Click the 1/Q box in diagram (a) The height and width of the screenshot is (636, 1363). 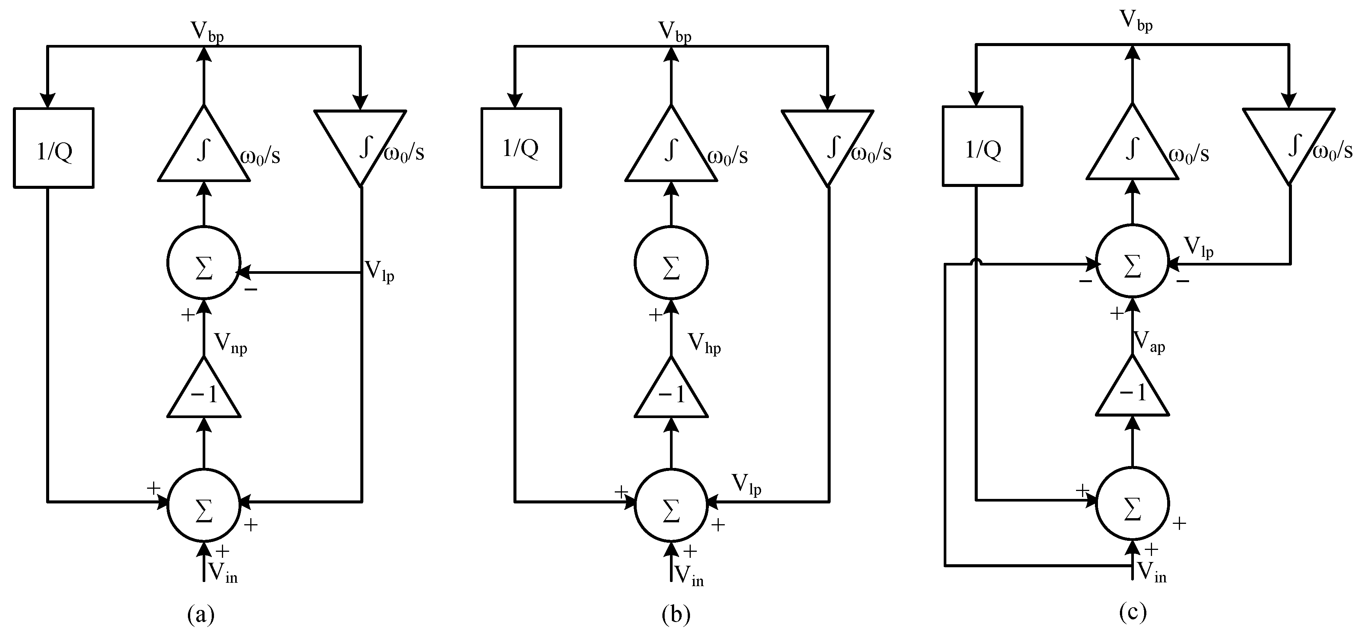click(x=53, y=148)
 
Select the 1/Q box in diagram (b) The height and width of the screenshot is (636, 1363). click(x=521, y=148)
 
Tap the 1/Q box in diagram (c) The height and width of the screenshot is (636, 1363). click(x=983, y=147)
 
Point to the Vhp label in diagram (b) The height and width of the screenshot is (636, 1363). click(x=704, y=344)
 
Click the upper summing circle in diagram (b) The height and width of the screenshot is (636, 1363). click(x=671, y=263)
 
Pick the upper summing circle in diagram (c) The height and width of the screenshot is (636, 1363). click(x=1132, y=261)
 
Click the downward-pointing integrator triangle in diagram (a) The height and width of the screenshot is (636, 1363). click(x=360, y=140)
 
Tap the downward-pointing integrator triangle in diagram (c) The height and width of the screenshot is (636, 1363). click(x=1289, y=139)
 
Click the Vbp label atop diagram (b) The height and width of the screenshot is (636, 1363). click(x=675, y=32)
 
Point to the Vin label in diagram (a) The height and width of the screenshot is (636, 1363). click(x=223, y=572)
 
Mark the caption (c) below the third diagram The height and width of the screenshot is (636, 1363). click(x=1132, y=612)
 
